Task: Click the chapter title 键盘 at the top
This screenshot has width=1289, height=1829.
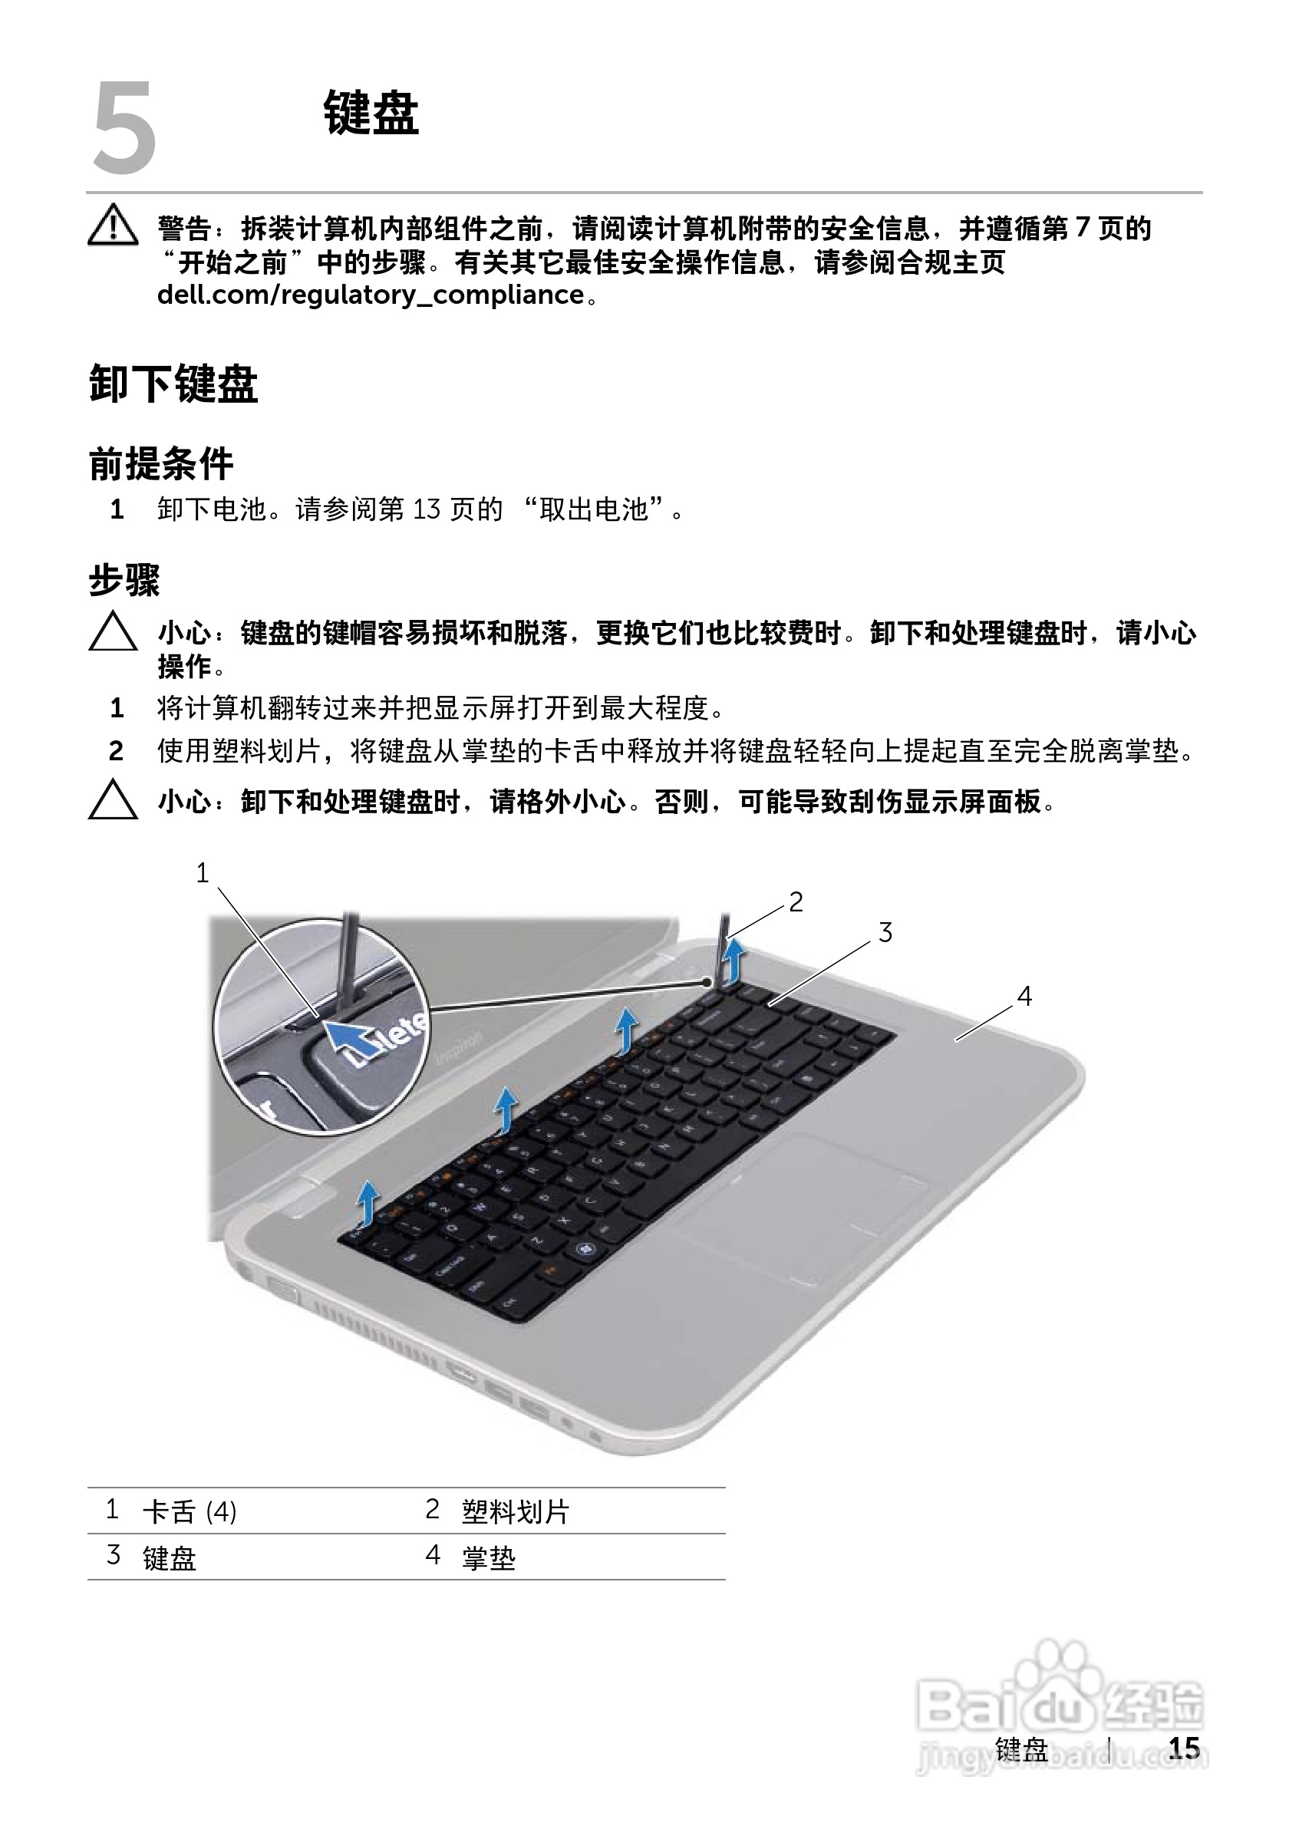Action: tap(371, 113)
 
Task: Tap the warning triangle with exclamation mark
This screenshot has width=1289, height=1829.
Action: tap(113, 225)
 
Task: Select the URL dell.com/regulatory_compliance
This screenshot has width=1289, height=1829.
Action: tap(371, 295)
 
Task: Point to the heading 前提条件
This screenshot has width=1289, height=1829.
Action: tap(161, 463)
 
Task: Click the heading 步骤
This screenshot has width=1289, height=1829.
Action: tap(124, 580)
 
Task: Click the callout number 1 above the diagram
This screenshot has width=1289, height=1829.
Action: tap(203, 873)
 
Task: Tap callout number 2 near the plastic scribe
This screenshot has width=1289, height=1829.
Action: tap(796, 901)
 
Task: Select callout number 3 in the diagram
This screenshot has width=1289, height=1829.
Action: tap(885, 932)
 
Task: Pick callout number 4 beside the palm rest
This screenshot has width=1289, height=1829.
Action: tap(1024, 996)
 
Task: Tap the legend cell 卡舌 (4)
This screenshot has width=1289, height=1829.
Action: tap(190, 1511)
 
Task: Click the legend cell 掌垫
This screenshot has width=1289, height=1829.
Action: tap(488, 1557)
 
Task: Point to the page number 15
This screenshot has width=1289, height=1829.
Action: tap(1184, 1748)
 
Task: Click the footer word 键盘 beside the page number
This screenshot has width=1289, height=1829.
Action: tap(1021, 1749)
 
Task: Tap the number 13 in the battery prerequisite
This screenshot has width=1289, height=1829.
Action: tap(427, 509)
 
